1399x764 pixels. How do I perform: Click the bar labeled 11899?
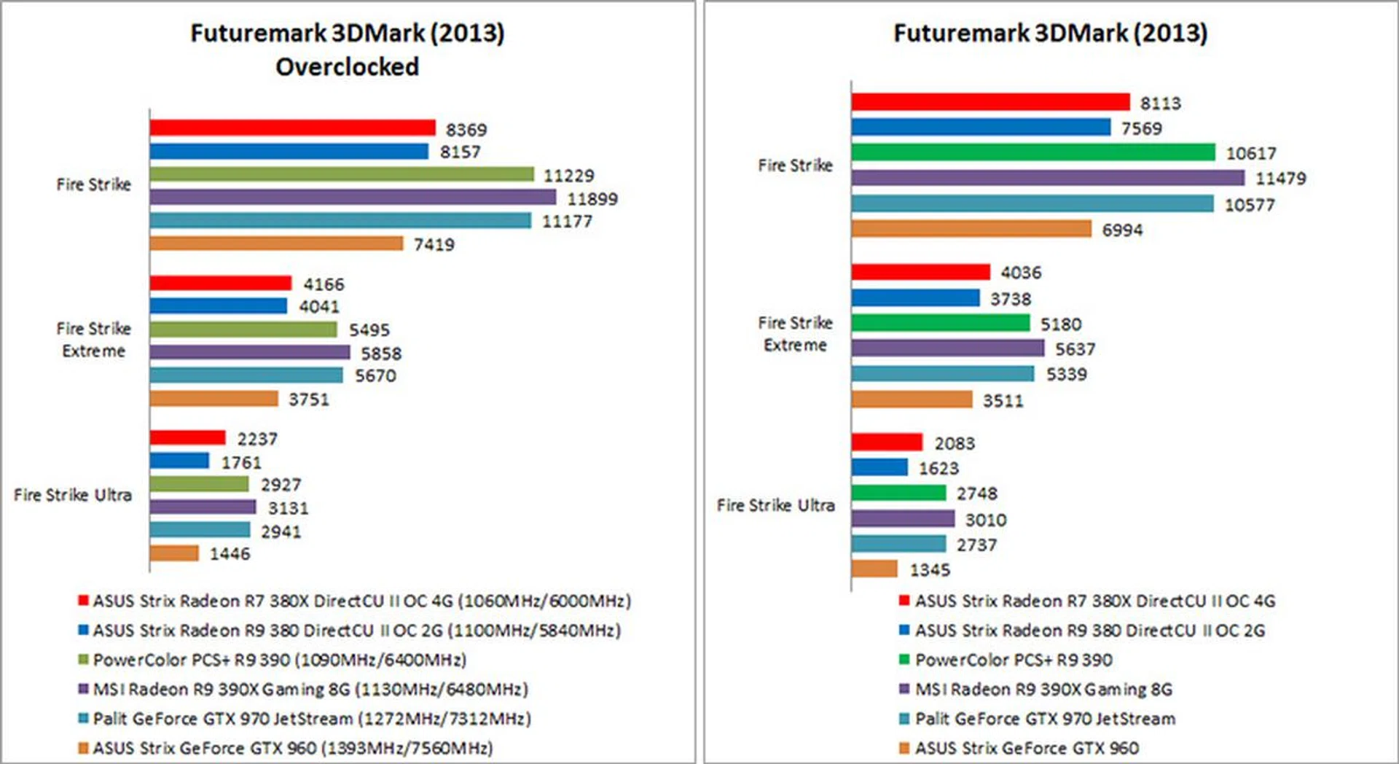click(353, 198)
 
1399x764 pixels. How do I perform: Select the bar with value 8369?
click(292, 128)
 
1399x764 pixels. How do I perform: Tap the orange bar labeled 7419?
click(276, 243)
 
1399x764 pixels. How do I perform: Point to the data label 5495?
click(369, 330)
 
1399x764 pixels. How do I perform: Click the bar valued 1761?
click(179, 461)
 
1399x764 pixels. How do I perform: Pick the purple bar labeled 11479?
click(1048, 178)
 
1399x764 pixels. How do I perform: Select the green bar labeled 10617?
click(1033, 152)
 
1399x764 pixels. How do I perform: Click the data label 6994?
click(1122, 230)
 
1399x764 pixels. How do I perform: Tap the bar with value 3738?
click(915, 297)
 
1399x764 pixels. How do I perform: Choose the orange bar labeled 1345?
click(874, 569)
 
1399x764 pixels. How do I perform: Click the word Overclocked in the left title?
click(347, 67)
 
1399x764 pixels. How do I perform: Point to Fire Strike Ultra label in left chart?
click(73, 495)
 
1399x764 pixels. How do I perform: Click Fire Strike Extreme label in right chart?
click(795, 334)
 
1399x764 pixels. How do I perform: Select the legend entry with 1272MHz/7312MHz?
click(312, 719)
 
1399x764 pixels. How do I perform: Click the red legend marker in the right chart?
click(904, 601)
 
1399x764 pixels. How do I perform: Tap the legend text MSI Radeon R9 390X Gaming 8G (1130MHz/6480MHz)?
click(310, 690)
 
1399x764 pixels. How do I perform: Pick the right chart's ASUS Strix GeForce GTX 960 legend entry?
click(1027, 748)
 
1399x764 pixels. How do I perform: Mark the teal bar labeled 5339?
click(943, 374)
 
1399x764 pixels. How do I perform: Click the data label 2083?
click(955, 443)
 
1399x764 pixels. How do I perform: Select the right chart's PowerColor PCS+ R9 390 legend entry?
click(1014, 660)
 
